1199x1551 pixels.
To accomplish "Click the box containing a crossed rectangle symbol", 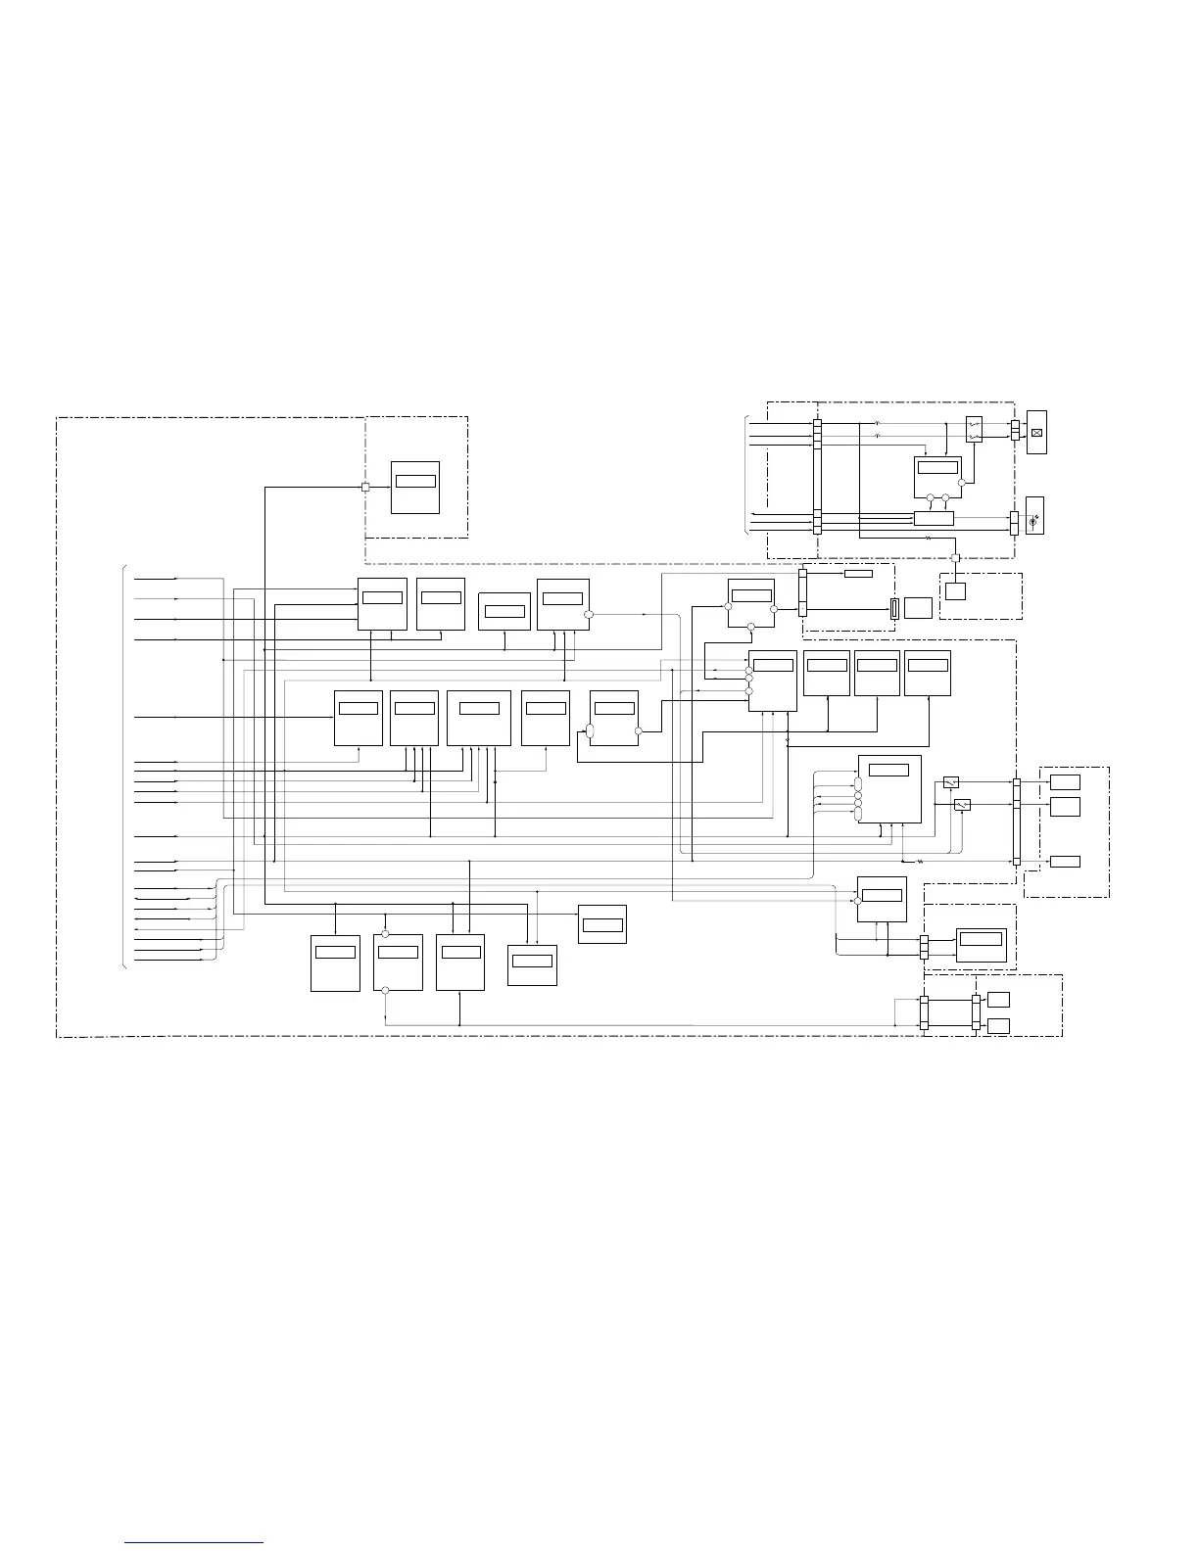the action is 1035,432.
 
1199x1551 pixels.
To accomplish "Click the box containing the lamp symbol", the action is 1034,516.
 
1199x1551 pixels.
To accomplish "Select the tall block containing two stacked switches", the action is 974,429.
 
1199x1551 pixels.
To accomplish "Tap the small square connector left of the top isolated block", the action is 364,487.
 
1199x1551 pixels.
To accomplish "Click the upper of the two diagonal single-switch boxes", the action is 950,781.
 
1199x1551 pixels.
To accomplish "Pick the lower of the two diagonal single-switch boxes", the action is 962,805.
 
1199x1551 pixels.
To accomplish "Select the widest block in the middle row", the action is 478,718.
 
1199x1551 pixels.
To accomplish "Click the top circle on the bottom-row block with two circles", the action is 385,933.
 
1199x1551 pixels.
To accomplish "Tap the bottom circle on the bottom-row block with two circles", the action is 385,991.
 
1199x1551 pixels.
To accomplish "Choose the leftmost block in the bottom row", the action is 335,963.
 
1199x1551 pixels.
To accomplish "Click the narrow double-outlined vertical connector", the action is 893,608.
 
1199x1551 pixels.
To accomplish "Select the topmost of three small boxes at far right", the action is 1065,781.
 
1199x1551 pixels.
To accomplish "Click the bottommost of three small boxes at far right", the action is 1065,861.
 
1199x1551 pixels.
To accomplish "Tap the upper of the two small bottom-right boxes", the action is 998,999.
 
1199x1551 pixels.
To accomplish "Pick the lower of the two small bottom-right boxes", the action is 998,1025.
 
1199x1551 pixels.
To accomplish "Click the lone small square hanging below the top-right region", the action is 955,591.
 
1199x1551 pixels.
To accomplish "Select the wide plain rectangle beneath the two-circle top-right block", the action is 934,518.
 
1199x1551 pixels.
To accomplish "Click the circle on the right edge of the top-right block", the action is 962,482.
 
